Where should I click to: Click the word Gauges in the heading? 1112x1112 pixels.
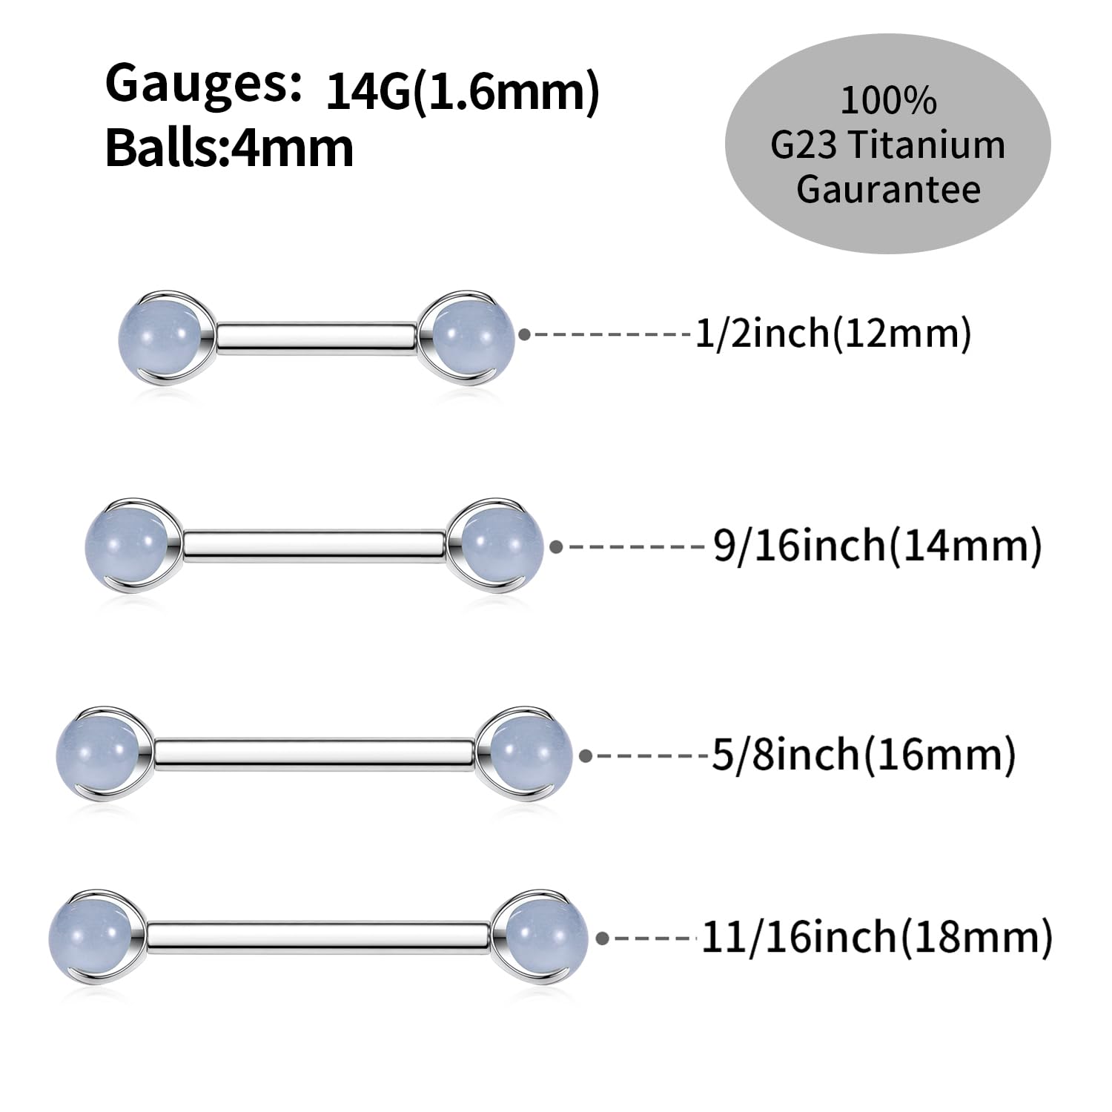point(202,85)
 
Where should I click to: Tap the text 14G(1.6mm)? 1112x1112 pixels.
point(462,92)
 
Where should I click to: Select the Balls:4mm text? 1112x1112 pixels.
point(230,148)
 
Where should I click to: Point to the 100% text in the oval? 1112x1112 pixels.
point(888,101)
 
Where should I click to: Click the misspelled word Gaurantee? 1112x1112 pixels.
point(888,189)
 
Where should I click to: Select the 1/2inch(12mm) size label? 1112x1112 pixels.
point(833,334)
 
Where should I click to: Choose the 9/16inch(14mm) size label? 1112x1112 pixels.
point(877,546)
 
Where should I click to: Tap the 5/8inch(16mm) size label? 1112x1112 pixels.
point(864,755)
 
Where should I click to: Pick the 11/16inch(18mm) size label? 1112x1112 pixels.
point(876,937)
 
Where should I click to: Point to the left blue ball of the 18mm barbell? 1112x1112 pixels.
point(90,935)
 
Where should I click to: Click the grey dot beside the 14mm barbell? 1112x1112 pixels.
point(557,547)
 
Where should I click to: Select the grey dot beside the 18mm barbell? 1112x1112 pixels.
point(602,939)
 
